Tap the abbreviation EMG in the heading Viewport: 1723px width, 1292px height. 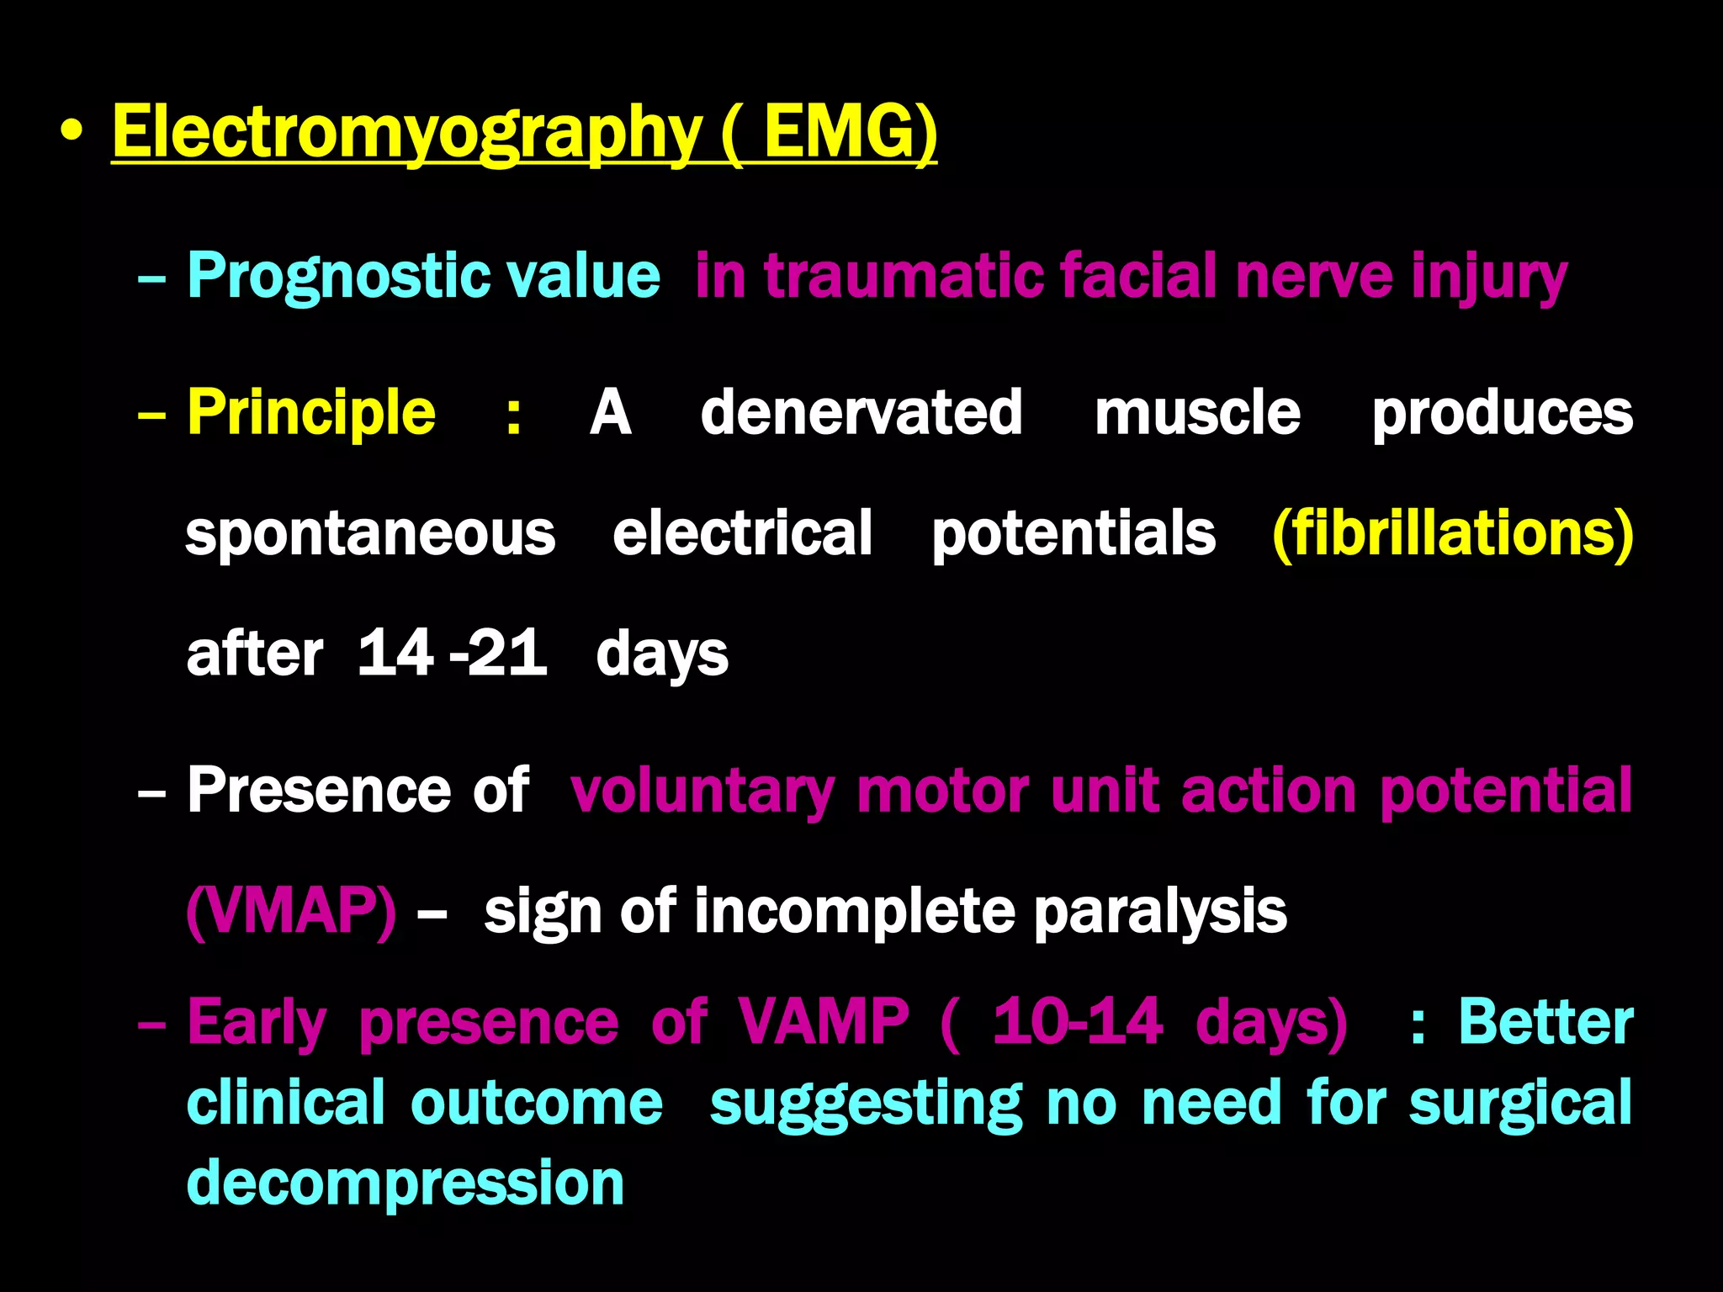tap(849, 132)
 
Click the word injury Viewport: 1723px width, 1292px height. tap(1489, 276)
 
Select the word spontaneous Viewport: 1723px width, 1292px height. tap(370, 533)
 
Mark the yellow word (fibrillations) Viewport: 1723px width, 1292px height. tap(1453, 533)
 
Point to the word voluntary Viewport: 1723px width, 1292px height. tap(702, 791)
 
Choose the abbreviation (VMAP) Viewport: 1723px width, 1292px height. tap(291, 911)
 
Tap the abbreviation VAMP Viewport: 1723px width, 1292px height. tap(824, 1022)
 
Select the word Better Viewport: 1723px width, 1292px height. tap(1545, 1022)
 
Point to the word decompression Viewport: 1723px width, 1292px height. tap(405, 1183)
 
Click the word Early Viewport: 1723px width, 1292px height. tap(257, 1022)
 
